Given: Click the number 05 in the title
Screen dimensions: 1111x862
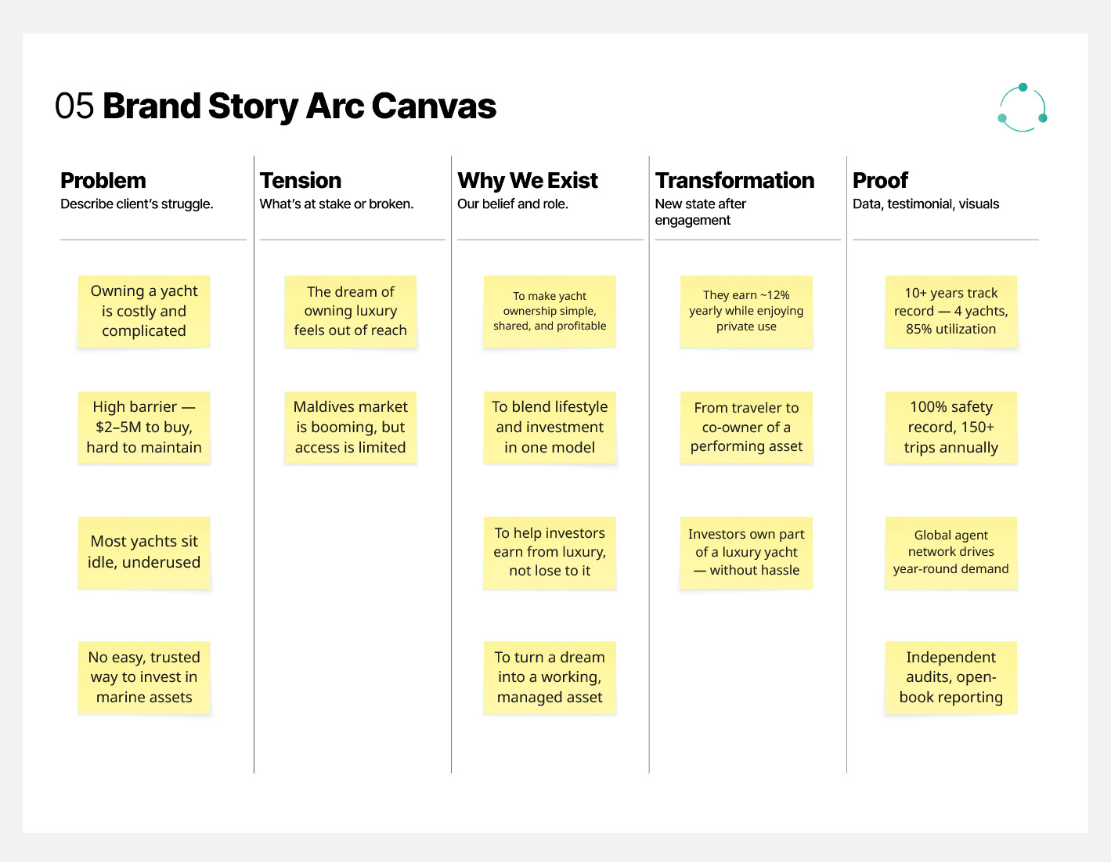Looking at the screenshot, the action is click(x=74, y=106).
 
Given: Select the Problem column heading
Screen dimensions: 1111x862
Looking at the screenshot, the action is click(x=103, y=181).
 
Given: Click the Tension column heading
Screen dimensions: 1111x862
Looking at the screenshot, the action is click(x=301, y=181).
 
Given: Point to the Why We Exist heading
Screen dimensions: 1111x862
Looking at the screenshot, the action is click(x=527, y=181).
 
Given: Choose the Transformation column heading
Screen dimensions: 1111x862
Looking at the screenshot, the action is click(x=734, y=181).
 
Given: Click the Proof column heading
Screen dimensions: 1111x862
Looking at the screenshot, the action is click(x=880, y=181).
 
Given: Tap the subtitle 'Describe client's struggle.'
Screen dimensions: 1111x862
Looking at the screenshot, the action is click(x=136, y=204).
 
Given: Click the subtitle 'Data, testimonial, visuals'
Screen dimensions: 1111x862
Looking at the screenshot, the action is click(x=925, y=204).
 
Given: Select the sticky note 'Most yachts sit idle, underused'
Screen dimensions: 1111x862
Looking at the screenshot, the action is click(x=144, y=552).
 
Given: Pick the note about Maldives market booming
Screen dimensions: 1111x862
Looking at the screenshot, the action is click(x=351, y=427).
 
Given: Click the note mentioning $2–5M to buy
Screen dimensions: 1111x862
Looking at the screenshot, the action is click(x=144, y=427).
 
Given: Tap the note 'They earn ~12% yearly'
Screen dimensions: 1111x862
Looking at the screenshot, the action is click(x=746, y=312).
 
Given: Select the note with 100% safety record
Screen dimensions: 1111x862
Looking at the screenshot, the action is click(x=951, y=427).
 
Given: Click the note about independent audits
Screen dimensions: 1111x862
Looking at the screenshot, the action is click(x=951, y=677).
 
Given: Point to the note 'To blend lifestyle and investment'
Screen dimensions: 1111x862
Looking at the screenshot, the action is click(x=550, y=427).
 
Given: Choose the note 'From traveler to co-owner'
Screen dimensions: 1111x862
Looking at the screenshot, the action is click(x=746, y=427).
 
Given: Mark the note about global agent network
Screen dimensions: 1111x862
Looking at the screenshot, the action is click(x=951, y=552).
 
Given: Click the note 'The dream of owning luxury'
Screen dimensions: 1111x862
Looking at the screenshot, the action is click(x=351, y=312).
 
